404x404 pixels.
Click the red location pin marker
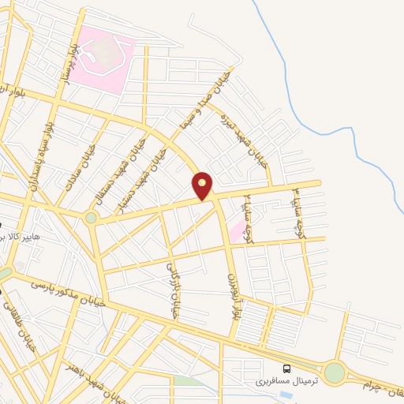pyautogui.click(x=203, y=185)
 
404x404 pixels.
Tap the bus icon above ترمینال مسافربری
pyautogui.click(x=286, y=368)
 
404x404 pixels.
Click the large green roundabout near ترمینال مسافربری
pyautogui.click(x=335, y=372)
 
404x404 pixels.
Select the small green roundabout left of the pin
pyautogui.click(x=92, y=216)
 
